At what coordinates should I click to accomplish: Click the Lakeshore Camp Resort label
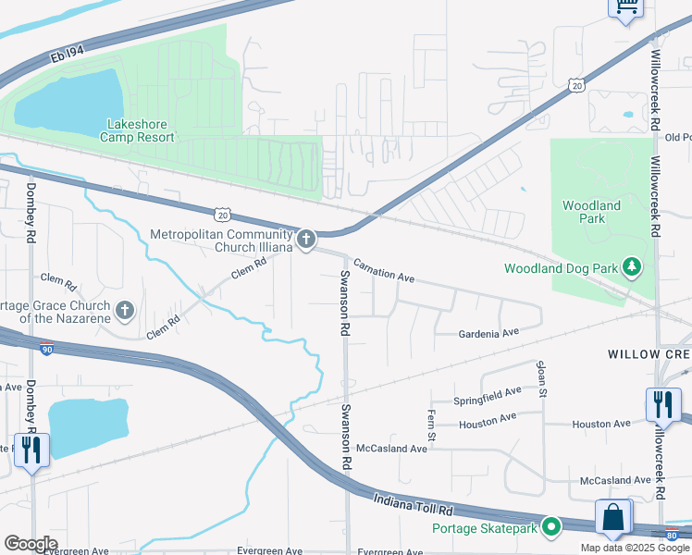point(141,130)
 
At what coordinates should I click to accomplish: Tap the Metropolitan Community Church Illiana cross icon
point(306,240)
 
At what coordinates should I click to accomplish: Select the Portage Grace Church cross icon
point(125,311)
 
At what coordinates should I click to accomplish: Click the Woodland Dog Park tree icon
point(632,268)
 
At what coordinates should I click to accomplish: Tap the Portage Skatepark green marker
point(551,527)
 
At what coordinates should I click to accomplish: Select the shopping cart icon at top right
point(625,7)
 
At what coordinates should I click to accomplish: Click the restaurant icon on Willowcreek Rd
point(663,404)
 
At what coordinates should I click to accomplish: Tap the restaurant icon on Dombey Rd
point(31,450)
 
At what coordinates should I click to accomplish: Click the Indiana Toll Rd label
point(414,505)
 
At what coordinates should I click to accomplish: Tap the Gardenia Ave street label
point(488,334)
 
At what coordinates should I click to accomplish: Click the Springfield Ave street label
point(487,395)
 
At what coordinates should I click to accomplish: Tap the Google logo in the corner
point(31,544)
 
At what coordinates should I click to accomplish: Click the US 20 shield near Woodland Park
point(576,85)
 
